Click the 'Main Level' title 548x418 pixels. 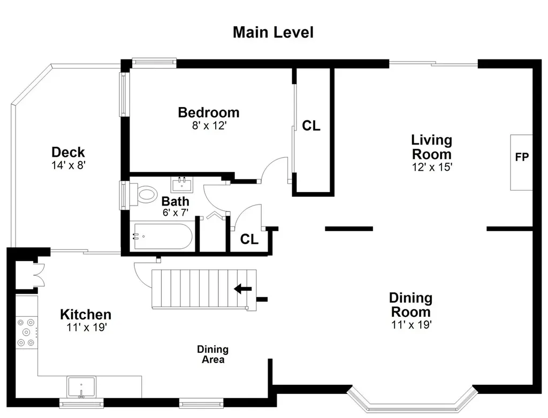(273, 32)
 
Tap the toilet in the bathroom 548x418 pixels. (144, 194)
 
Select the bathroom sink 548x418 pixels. (182, 184)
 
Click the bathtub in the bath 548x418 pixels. (163, 236)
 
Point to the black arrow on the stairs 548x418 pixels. (242, 288)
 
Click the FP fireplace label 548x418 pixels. (522, 157)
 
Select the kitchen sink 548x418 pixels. (81, 387)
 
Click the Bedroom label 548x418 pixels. (209, 112)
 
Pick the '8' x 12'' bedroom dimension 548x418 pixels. (209, 125)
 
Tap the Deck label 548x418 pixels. (68, 152)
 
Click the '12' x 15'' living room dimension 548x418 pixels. (432, 167)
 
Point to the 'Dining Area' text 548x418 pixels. (213, 354)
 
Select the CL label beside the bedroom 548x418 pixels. (311, 126)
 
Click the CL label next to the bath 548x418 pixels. (249, 239)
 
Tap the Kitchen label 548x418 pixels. (86, 315)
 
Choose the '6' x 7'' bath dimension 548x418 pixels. (176, 212)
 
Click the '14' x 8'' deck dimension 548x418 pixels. (68, 165)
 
